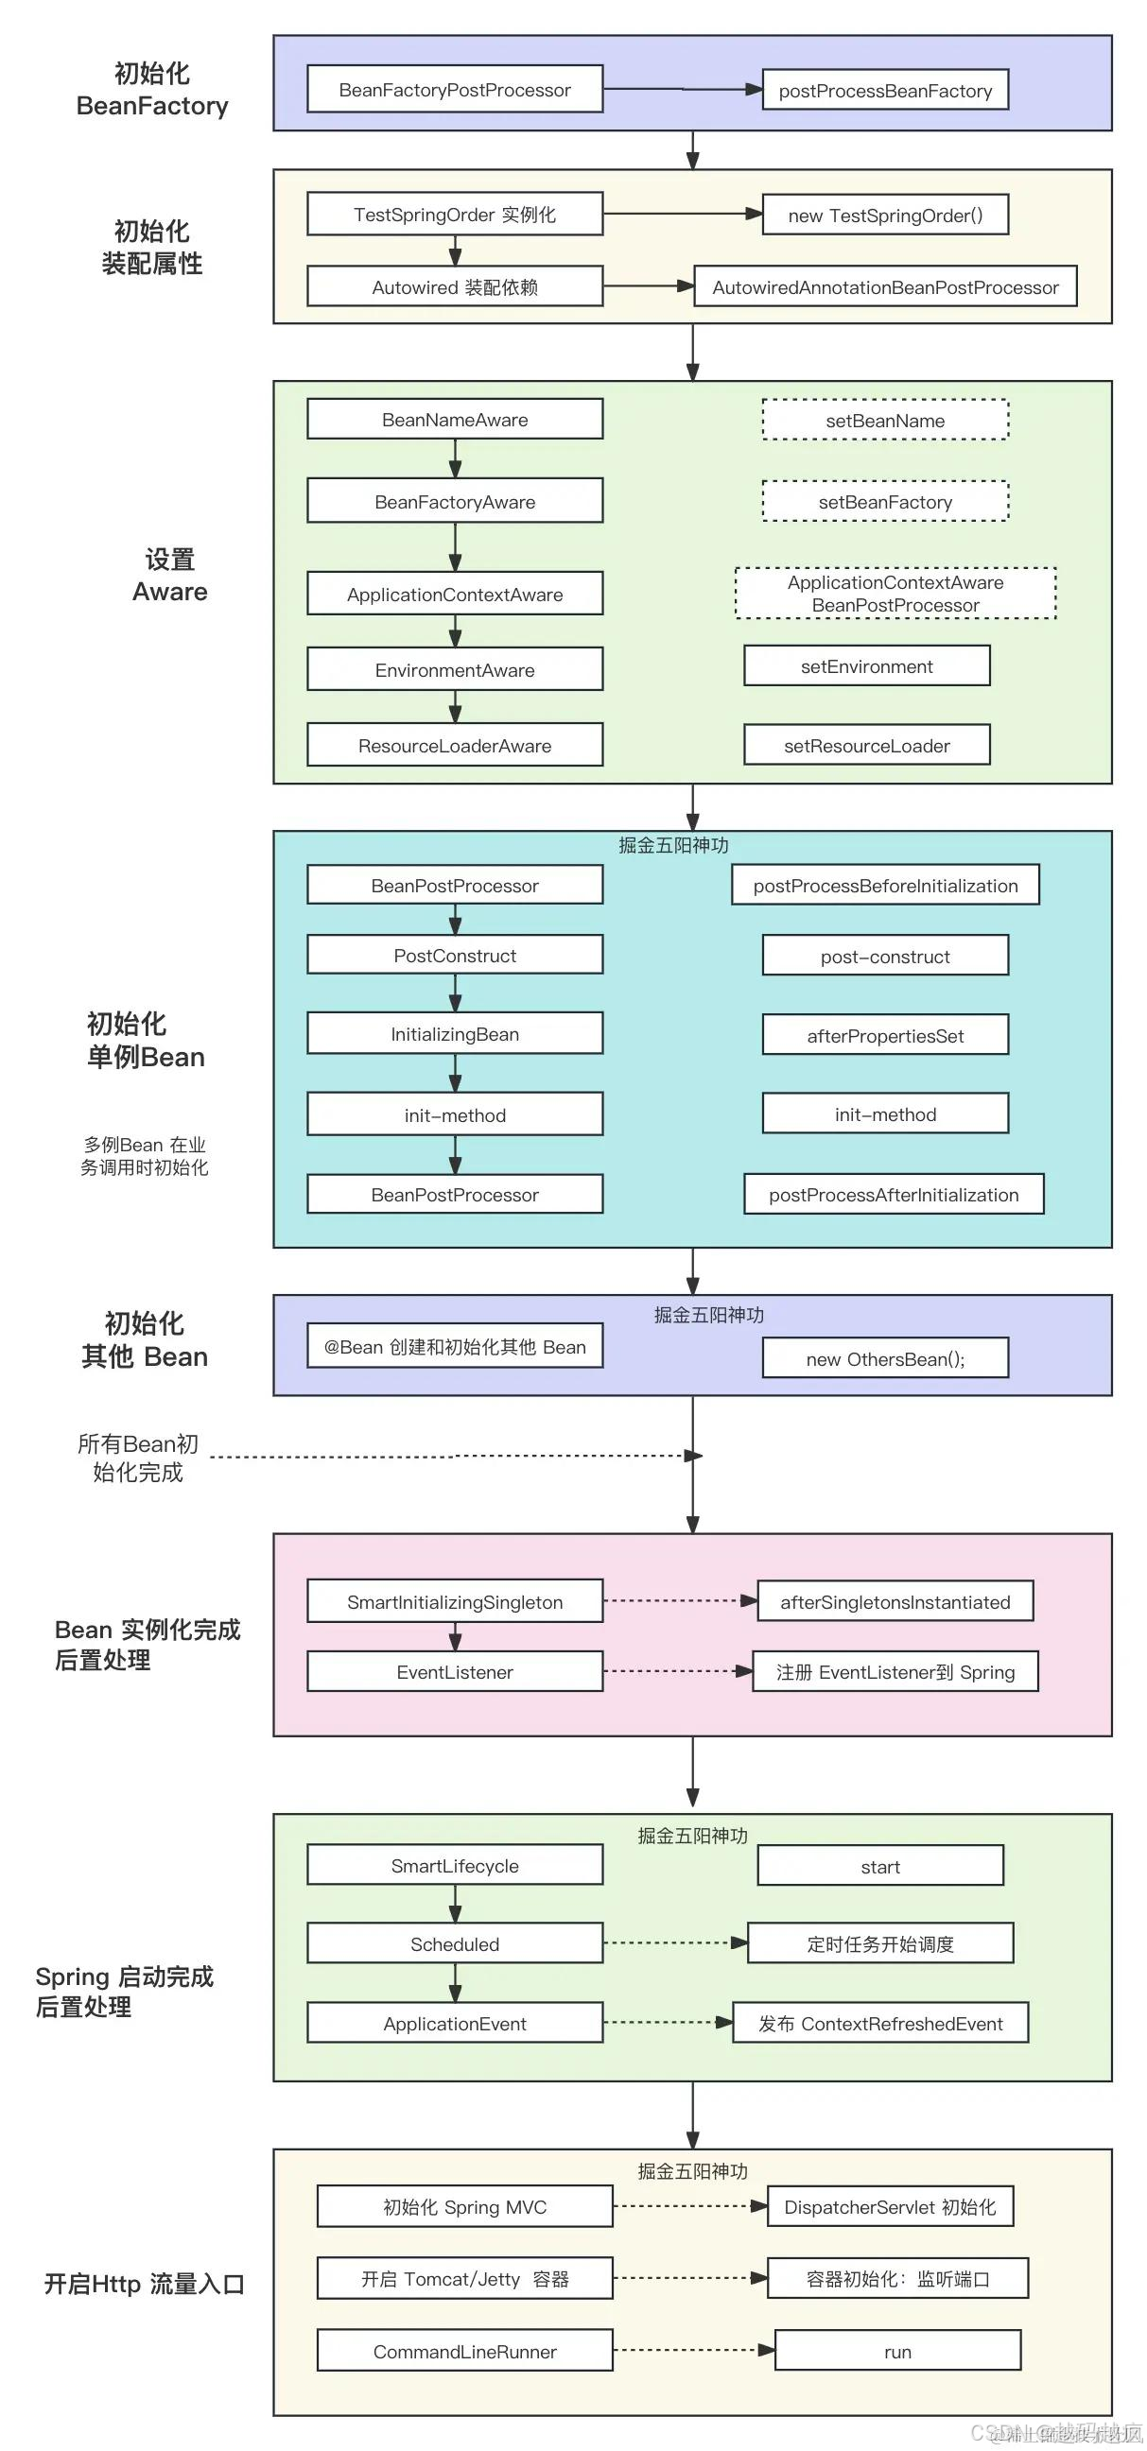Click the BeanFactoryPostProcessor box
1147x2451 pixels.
454,90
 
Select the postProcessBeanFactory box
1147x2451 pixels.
884,91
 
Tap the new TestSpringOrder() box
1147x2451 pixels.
884,215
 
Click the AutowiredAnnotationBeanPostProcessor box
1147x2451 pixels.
884,286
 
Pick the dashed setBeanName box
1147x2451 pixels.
884,420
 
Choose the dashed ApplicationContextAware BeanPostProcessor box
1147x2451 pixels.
895,593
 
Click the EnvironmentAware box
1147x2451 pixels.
454,669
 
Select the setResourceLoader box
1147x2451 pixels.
866,745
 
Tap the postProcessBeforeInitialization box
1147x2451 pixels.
884,885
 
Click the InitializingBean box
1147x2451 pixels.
454,1033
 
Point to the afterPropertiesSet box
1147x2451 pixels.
884,1035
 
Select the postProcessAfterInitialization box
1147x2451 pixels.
893,1194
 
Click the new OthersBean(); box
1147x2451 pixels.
884,1357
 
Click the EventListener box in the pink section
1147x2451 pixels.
454,1672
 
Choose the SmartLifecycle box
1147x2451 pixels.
454,1865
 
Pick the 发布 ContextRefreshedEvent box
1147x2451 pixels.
879,2023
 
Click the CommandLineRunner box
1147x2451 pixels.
463,2350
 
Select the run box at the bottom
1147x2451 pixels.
896,2351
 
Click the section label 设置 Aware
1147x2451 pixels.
169,576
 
